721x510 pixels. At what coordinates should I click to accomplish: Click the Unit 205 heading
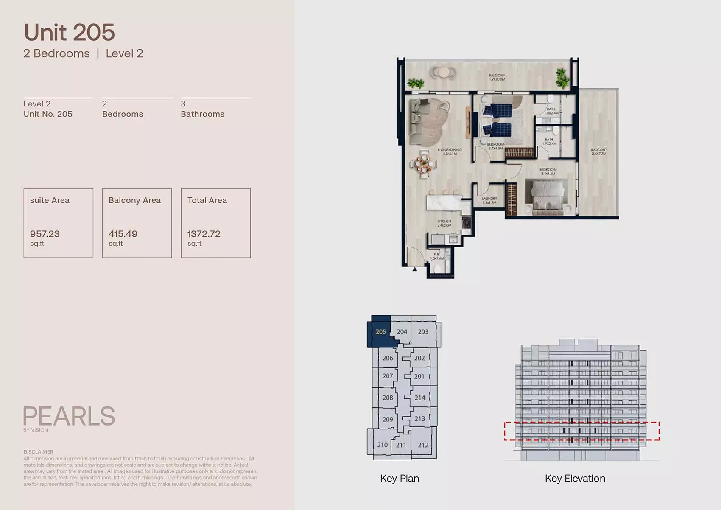(x=69, y=33)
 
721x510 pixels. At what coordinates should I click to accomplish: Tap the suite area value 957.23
(x=45, y=234)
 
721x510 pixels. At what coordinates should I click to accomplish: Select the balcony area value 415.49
(x=123, y=234)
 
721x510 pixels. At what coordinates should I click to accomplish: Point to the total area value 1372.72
(x=204, y=234)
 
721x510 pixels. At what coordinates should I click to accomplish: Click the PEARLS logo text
(x=69, y=416)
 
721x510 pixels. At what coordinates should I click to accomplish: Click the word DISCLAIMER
(x=38, y=452)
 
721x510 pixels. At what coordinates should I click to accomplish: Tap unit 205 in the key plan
(x=380, y=332)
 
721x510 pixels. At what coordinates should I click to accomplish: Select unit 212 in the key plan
(x=423, y=445)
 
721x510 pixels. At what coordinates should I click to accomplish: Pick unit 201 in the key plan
(x=419, y=377)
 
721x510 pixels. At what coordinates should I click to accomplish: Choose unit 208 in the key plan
(x=387, y=398)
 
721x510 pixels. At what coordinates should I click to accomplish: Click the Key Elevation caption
(x=575, y=479)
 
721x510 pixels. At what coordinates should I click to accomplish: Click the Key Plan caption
(x=400, y=479)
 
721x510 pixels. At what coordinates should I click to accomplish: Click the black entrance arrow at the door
(x=415, y=269)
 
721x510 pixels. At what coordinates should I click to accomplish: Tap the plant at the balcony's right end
(x=562, y=78)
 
